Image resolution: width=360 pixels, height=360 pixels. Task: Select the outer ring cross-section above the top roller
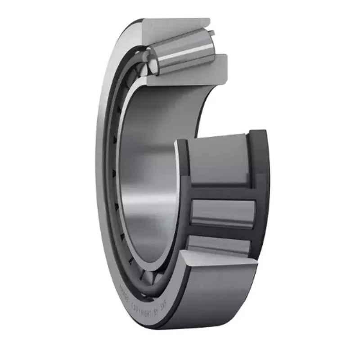coord(175,26)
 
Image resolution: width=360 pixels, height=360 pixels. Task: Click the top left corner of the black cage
coord(180,142)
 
